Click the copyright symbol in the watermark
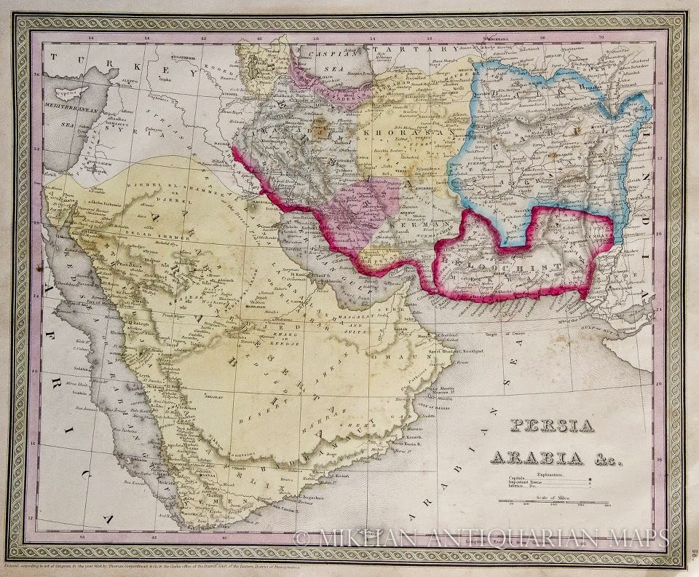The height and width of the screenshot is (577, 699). coord(302,538)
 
